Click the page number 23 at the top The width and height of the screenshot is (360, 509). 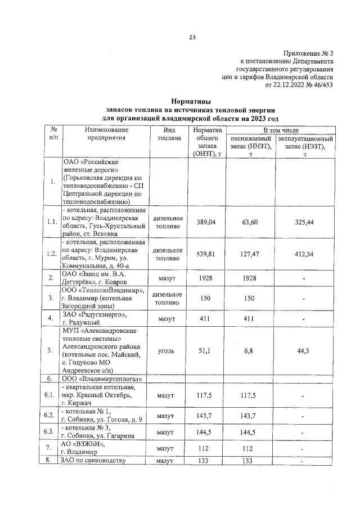[192, 38]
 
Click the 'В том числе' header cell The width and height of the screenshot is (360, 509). [280, 130]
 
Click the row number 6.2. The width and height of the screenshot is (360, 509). [52, 416]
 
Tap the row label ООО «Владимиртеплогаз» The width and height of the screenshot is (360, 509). [102, 379]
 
